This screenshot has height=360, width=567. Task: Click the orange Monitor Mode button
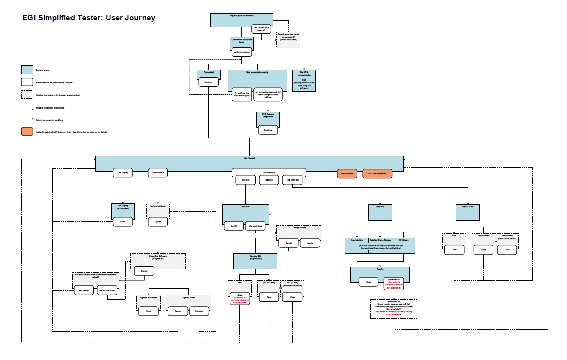347,174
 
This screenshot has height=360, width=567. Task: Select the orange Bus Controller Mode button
377,174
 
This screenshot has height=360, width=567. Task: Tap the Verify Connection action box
241,52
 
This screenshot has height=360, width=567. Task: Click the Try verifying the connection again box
241,94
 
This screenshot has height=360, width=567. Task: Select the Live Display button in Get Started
122,173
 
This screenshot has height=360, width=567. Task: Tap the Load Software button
157,173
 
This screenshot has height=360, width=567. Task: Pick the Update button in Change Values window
310,243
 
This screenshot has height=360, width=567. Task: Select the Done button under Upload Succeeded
149,311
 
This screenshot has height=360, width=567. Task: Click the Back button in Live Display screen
122,222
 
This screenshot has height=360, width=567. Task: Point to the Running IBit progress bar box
256,261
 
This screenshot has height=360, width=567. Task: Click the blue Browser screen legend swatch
27,69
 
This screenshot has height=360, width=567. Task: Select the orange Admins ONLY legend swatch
27,132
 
